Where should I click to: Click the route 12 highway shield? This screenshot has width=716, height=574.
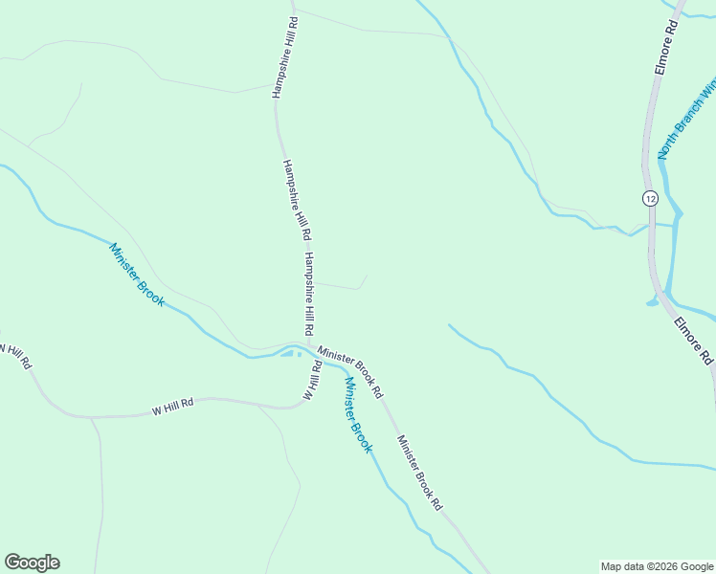(x=651, y=198)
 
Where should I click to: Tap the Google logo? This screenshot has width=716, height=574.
(x=32, y=563)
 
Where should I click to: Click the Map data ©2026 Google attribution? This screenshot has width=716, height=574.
(x=657, y=566)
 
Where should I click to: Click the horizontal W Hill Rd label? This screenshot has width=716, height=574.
(x=172, y=406)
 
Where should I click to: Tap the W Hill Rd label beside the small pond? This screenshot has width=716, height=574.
(x=311, y=380)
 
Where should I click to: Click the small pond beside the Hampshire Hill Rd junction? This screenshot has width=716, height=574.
(x=289, y=354)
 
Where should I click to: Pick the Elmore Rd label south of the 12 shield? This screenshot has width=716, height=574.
(x=694, y=340)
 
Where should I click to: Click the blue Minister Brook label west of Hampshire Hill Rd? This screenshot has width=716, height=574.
(x=137, y=275)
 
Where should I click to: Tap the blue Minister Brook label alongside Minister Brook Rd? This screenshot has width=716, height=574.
(x=357, y=414)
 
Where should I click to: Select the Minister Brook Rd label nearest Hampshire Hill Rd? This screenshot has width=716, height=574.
(x=350, y=372)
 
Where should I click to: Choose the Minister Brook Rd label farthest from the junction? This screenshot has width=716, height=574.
(x=420, y=472)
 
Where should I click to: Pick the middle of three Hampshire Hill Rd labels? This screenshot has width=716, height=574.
(x=296, y=200)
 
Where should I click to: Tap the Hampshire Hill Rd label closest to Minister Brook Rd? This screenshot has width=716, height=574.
(x=308, y=293)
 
